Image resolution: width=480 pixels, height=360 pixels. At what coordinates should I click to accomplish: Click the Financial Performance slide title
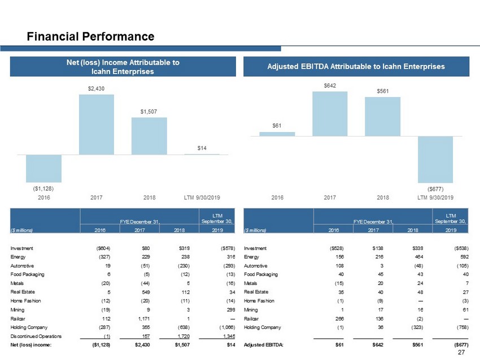pos(91,37)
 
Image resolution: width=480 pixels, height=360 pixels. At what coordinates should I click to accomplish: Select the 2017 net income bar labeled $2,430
pos(97,124)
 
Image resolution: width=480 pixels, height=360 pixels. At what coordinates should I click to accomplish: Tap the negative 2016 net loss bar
pos(43,168)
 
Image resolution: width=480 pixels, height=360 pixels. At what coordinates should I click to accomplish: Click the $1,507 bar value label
pos(149,112)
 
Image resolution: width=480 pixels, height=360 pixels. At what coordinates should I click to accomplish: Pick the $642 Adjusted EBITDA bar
pos(330,113)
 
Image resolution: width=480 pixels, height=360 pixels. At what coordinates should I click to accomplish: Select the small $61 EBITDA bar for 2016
pos(277,134)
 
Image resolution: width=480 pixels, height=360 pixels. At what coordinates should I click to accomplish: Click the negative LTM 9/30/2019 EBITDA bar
pos(435,159)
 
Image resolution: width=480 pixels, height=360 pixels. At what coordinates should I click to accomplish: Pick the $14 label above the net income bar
pos(202,148)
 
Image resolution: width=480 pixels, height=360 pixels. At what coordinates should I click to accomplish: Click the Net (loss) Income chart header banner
pos(123,66)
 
